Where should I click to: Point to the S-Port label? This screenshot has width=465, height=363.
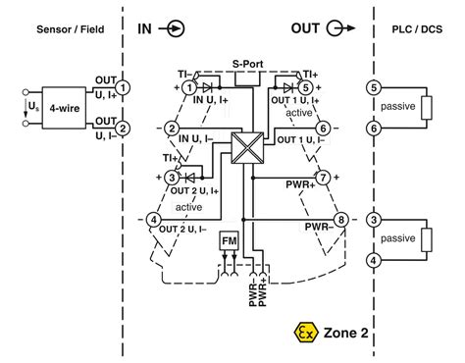coord(246,65)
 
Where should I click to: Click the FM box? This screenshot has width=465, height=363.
coord(229,240)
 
